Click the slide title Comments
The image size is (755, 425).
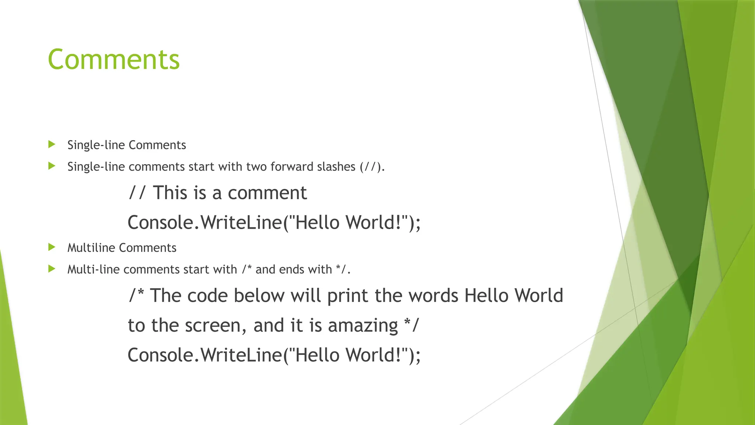point(114,59)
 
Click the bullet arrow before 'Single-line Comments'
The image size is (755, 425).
point(52,144)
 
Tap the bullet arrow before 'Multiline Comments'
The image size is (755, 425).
point(52,247)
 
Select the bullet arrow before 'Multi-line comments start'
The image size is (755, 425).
point(52,269)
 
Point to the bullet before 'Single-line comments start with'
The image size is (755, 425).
point(52,166)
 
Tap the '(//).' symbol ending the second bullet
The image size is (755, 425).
point(372,167)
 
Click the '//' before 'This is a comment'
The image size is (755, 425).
point(137,193)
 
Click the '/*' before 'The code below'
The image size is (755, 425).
point(136,296)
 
